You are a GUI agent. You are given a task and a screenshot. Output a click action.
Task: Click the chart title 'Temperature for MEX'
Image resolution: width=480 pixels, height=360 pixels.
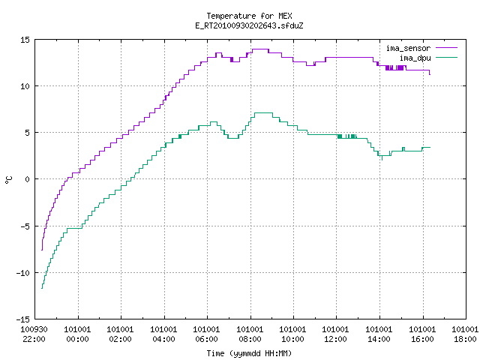pos(249,16)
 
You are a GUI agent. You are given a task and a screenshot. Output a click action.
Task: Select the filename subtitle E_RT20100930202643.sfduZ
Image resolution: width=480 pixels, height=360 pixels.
pos(249,25)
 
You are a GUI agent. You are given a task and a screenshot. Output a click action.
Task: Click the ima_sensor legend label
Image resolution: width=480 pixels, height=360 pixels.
pos(408,48)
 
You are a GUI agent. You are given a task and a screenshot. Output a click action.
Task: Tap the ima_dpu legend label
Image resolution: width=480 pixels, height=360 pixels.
pos(415,58)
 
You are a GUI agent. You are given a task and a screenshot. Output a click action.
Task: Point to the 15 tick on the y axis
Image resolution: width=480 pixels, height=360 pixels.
pos(25,40)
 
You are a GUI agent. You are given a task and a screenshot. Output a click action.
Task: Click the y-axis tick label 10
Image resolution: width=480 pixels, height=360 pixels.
pos(25,86)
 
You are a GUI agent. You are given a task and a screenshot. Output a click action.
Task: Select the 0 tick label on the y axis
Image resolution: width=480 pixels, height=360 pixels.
pos(27,179)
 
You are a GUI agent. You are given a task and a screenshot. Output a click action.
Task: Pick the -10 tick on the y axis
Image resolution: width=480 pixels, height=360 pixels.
pos(23,273)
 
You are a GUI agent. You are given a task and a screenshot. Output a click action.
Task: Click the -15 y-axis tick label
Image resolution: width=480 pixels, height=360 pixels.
pos(23,319)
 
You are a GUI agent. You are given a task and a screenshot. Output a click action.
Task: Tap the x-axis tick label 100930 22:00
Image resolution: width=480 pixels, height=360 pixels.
pos(34,334)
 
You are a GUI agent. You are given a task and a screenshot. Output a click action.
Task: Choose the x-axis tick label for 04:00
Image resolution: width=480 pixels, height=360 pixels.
pos(163,334)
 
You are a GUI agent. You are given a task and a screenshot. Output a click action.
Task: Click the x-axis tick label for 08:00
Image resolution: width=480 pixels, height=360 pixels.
pos(250,334)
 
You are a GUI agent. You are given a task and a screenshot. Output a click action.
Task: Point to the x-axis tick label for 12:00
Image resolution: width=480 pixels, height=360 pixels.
pos(336,334)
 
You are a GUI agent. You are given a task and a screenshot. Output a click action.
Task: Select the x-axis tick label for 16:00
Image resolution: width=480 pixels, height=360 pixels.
pos(422,334)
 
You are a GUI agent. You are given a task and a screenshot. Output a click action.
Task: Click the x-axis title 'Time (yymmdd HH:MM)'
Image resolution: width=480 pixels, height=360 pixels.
pos(249,353)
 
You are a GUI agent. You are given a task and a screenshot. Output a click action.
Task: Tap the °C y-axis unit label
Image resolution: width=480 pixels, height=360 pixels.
pos(8,180)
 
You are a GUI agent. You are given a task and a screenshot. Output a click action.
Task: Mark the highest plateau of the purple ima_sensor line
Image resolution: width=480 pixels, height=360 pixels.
pos(260,49)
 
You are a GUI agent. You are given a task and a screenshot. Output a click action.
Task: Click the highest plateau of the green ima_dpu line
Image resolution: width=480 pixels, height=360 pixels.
pos(263,113)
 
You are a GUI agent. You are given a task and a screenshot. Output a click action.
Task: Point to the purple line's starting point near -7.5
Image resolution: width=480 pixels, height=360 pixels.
pos(42,250)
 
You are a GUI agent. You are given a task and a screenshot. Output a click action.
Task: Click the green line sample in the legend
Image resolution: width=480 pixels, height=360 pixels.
pos(446,58)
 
